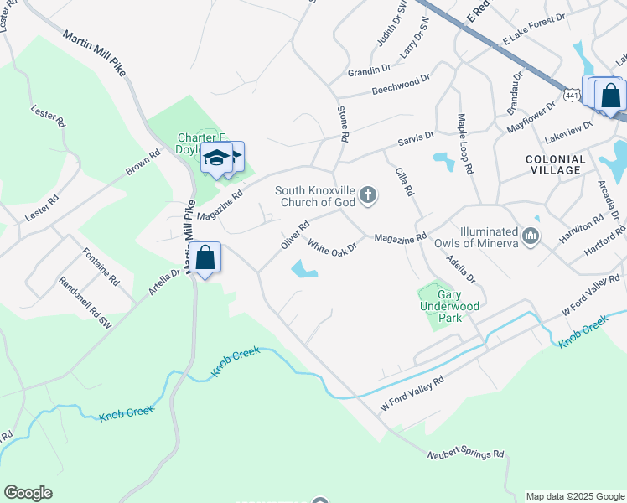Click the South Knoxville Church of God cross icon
pos(367,196)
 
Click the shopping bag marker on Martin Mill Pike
pos(205,259)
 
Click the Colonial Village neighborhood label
pos(554,164)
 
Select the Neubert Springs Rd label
pos(465,454)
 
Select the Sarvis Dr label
pos(416,136)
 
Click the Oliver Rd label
pos(295,234)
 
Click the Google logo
pos(28,493)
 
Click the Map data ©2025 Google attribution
pos(575,496)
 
